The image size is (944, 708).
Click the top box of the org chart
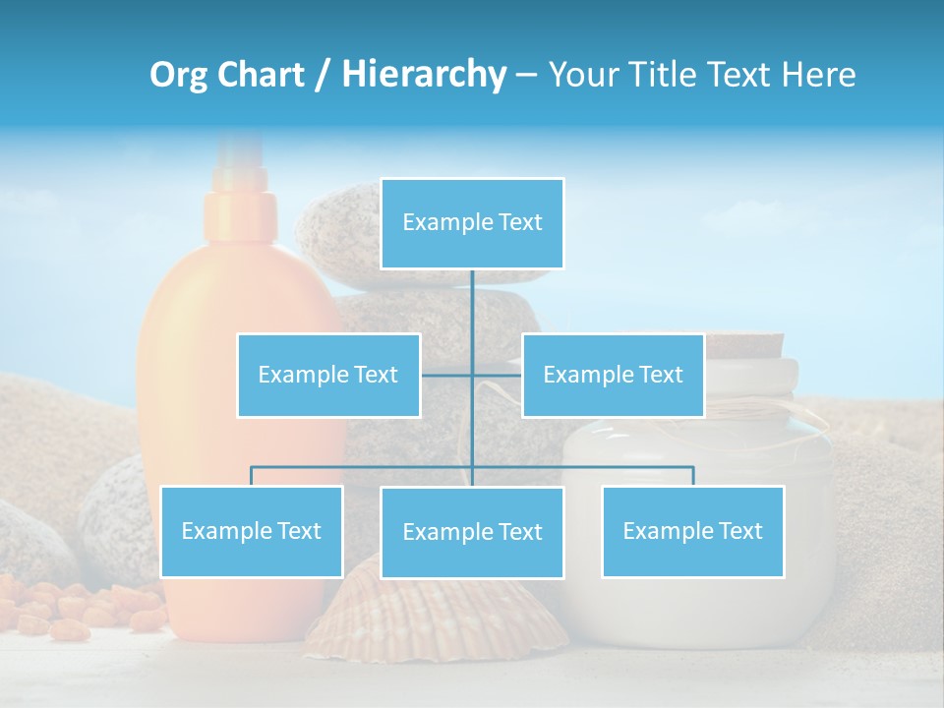472,223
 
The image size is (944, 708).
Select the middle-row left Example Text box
328,375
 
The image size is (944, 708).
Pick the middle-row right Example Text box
613,375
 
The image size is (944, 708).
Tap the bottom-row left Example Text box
252,531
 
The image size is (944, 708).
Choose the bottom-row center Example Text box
472,532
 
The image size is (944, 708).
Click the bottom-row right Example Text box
692,531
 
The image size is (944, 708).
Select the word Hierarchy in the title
424,75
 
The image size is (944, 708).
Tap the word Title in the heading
663,75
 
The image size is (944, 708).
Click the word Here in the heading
818,75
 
